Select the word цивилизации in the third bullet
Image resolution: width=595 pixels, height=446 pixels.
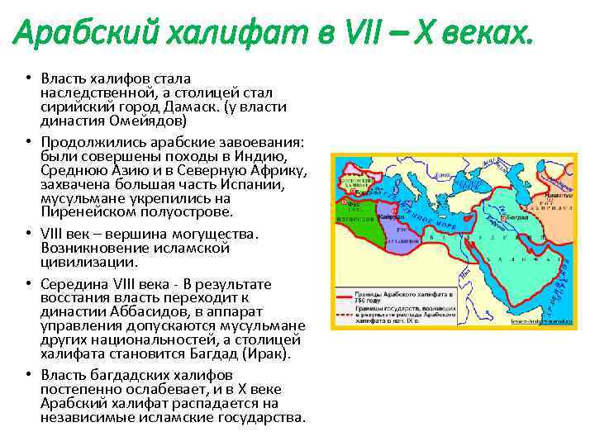[81, 262]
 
